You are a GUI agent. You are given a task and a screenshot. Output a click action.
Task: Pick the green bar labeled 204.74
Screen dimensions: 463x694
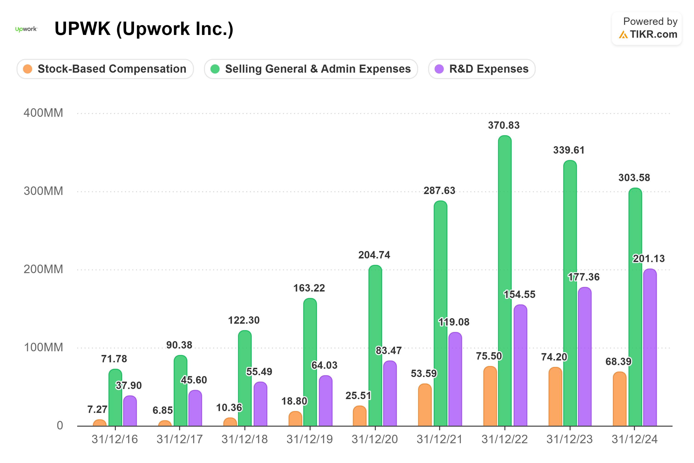click(x=375, y=346)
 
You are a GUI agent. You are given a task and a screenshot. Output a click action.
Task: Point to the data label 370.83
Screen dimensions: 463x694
click(x=504, y=125)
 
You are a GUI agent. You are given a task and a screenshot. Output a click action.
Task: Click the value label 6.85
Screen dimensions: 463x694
click(x=163, y=410)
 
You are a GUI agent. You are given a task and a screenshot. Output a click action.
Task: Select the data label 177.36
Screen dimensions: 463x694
click(x=584, y=277)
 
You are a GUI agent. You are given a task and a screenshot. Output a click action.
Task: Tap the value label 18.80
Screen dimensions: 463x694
click(x=294, y=401)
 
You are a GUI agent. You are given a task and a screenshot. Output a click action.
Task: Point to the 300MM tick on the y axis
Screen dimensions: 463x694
click(x=43, y=191)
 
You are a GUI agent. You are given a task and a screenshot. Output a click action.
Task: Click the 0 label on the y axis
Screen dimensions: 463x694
click(x=60, y=426)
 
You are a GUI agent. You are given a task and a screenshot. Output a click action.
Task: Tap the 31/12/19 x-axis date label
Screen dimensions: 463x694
click(x=309, y=439)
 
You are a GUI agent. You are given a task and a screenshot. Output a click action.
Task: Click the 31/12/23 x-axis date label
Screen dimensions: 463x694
click(x=569, y=439)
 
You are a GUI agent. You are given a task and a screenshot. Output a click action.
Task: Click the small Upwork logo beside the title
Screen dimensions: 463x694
click(x=26, y=29)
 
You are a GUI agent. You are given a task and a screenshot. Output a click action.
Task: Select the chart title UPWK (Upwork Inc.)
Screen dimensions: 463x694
click(x=144, y=29)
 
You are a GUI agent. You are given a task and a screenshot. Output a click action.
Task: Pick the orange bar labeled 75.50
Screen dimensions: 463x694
click(x=490, y=396)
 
